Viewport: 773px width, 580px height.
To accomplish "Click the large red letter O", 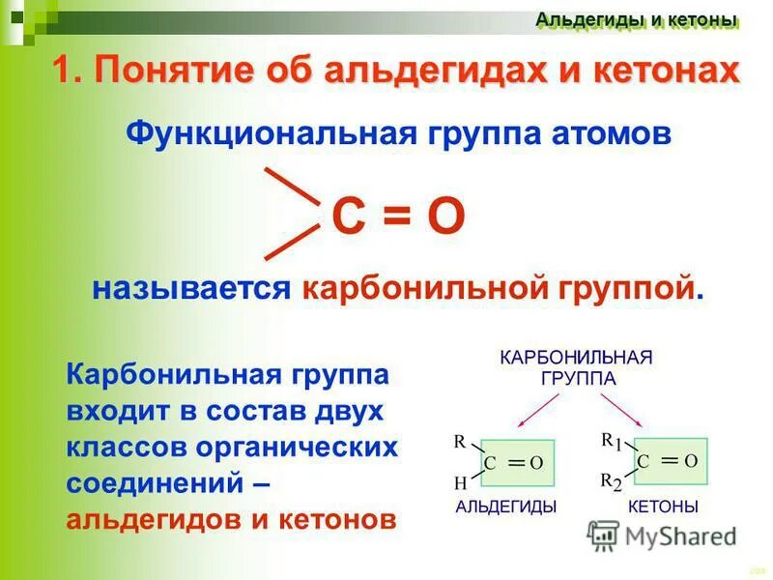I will pyautogui.click(x=446, y=219).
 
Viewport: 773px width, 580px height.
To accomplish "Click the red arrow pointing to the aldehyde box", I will pyautogui.click(x=532, y=410).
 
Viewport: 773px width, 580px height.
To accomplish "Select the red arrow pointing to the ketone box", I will pyautogui.click(x=628, y=410).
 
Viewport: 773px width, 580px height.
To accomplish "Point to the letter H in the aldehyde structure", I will pyautogui.click(x=460, y=482).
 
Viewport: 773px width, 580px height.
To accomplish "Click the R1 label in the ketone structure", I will pyautogui.click(x=611, y=442).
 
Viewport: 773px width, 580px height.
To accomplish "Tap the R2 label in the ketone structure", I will pyautogui.click(x=611, y=482).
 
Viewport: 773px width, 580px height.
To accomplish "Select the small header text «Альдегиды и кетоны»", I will pyautogui.click(x=637, y=19).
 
